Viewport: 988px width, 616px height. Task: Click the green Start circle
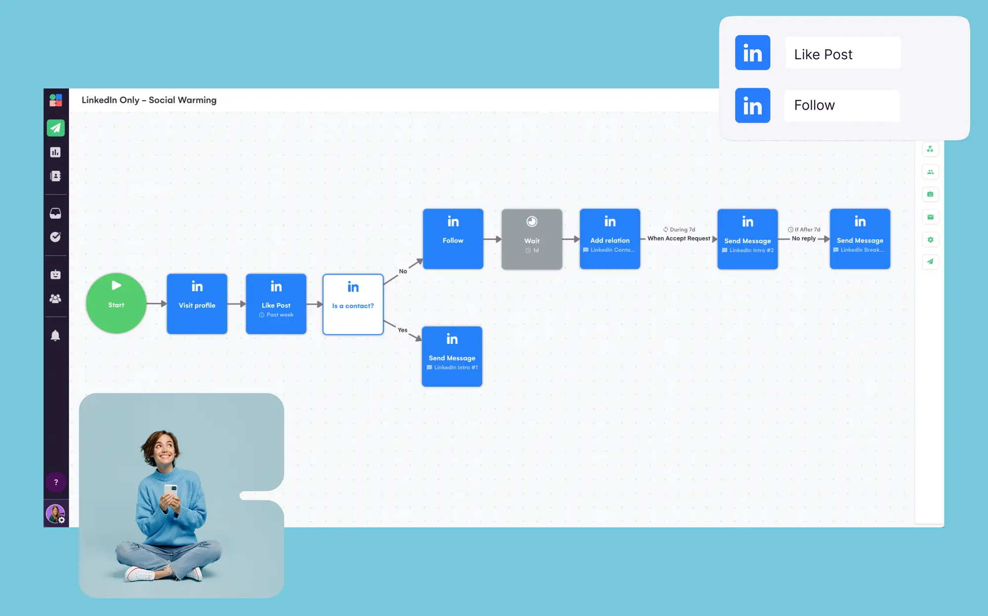point(116,303)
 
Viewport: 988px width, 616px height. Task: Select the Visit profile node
point(197,304)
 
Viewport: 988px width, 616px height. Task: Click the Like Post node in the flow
point(276,304)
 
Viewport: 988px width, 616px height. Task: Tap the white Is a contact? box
point(353,304)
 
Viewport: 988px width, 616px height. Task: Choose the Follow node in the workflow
point(453,239)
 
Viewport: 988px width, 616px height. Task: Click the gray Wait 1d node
point(532,239)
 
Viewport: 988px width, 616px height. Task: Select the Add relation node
point(610,239)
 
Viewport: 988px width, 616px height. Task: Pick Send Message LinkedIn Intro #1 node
point(452,356)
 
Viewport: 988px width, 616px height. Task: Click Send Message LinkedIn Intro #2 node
point(747,239)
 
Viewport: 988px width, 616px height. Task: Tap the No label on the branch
point(403,271)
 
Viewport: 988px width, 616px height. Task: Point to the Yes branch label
point(402,330)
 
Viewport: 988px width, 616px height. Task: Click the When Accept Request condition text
point(678,238)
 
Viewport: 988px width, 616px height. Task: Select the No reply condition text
point(803,238)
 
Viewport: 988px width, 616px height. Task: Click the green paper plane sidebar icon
point(55,128)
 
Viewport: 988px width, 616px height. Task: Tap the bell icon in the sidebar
point(55,335)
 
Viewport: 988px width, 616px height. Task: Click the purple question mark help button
point(56,482)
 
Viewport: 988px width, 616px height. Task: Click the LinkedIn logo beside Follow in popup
point(752,105)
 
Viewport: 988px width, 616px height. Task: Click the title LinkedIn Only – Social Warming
point(149,100)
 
